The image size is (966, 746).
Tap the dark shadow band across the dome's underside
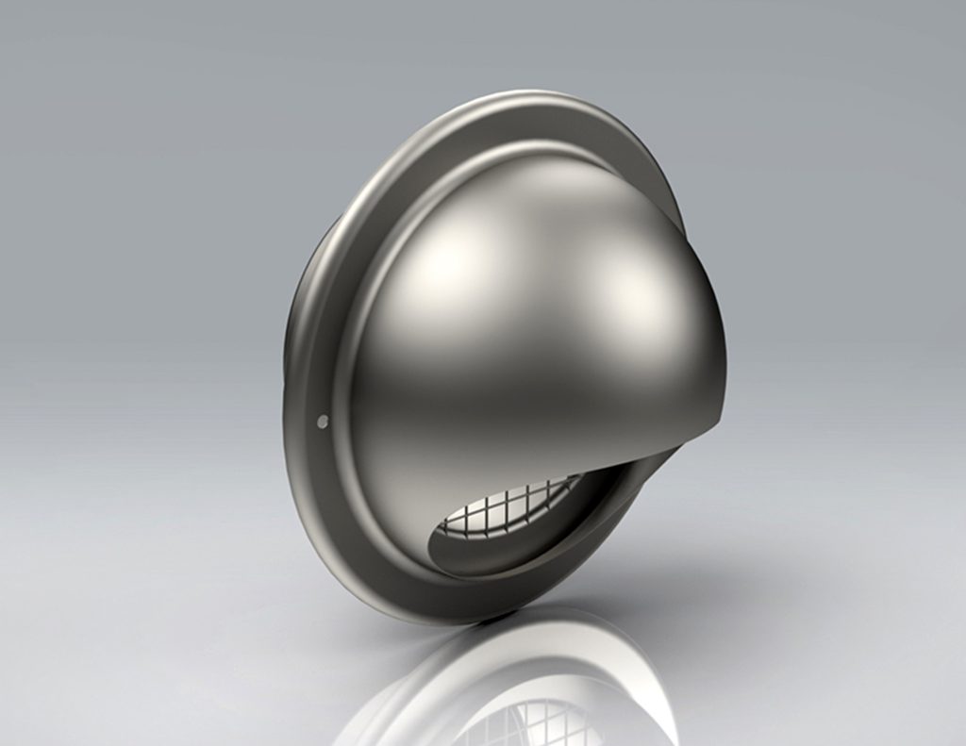(x=528, y=443)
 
